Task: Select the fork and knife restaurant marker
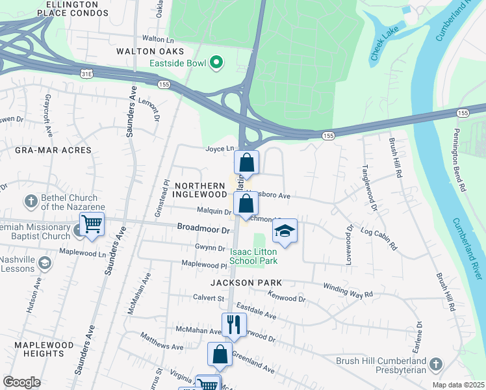click(x=233, y=324)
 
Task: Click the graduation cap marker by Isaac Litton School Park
click(x=284, y=230)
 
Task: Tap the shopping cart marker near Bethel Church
click(x=92, y=224)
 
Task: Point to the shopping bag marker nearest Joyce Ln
click(x=246, y=162)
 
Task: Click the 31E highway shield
click(x=86, y=75)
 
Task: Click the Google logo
click(x=21, y=382)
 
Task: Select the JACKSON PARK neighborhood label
click(x=246, y=283)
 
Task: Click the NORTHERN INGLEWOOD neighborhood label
click(x=199, y=190)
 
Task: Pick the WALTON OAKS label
click(x=150, y=51)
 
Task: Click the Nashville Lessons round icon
click(x=45, y=263)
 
